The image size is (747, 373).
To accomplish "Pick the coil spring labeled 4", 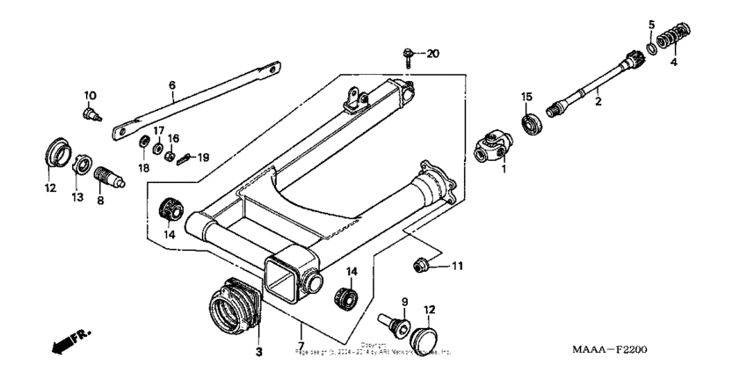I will pyautogui.click(x=651, y=24).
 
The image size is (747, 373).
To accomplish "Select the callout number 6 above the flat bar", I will pyautogui.click(x=172, y=85).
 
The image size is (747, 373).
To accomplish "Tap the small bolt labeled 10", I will pyautogui.click(x=91, y=113).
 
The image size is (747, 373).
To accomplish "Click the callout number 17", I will pyautogui.click(x=158, y=130).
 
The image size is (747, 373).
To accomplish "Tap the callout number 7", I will pyautogui.click(x=301, y=344).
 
